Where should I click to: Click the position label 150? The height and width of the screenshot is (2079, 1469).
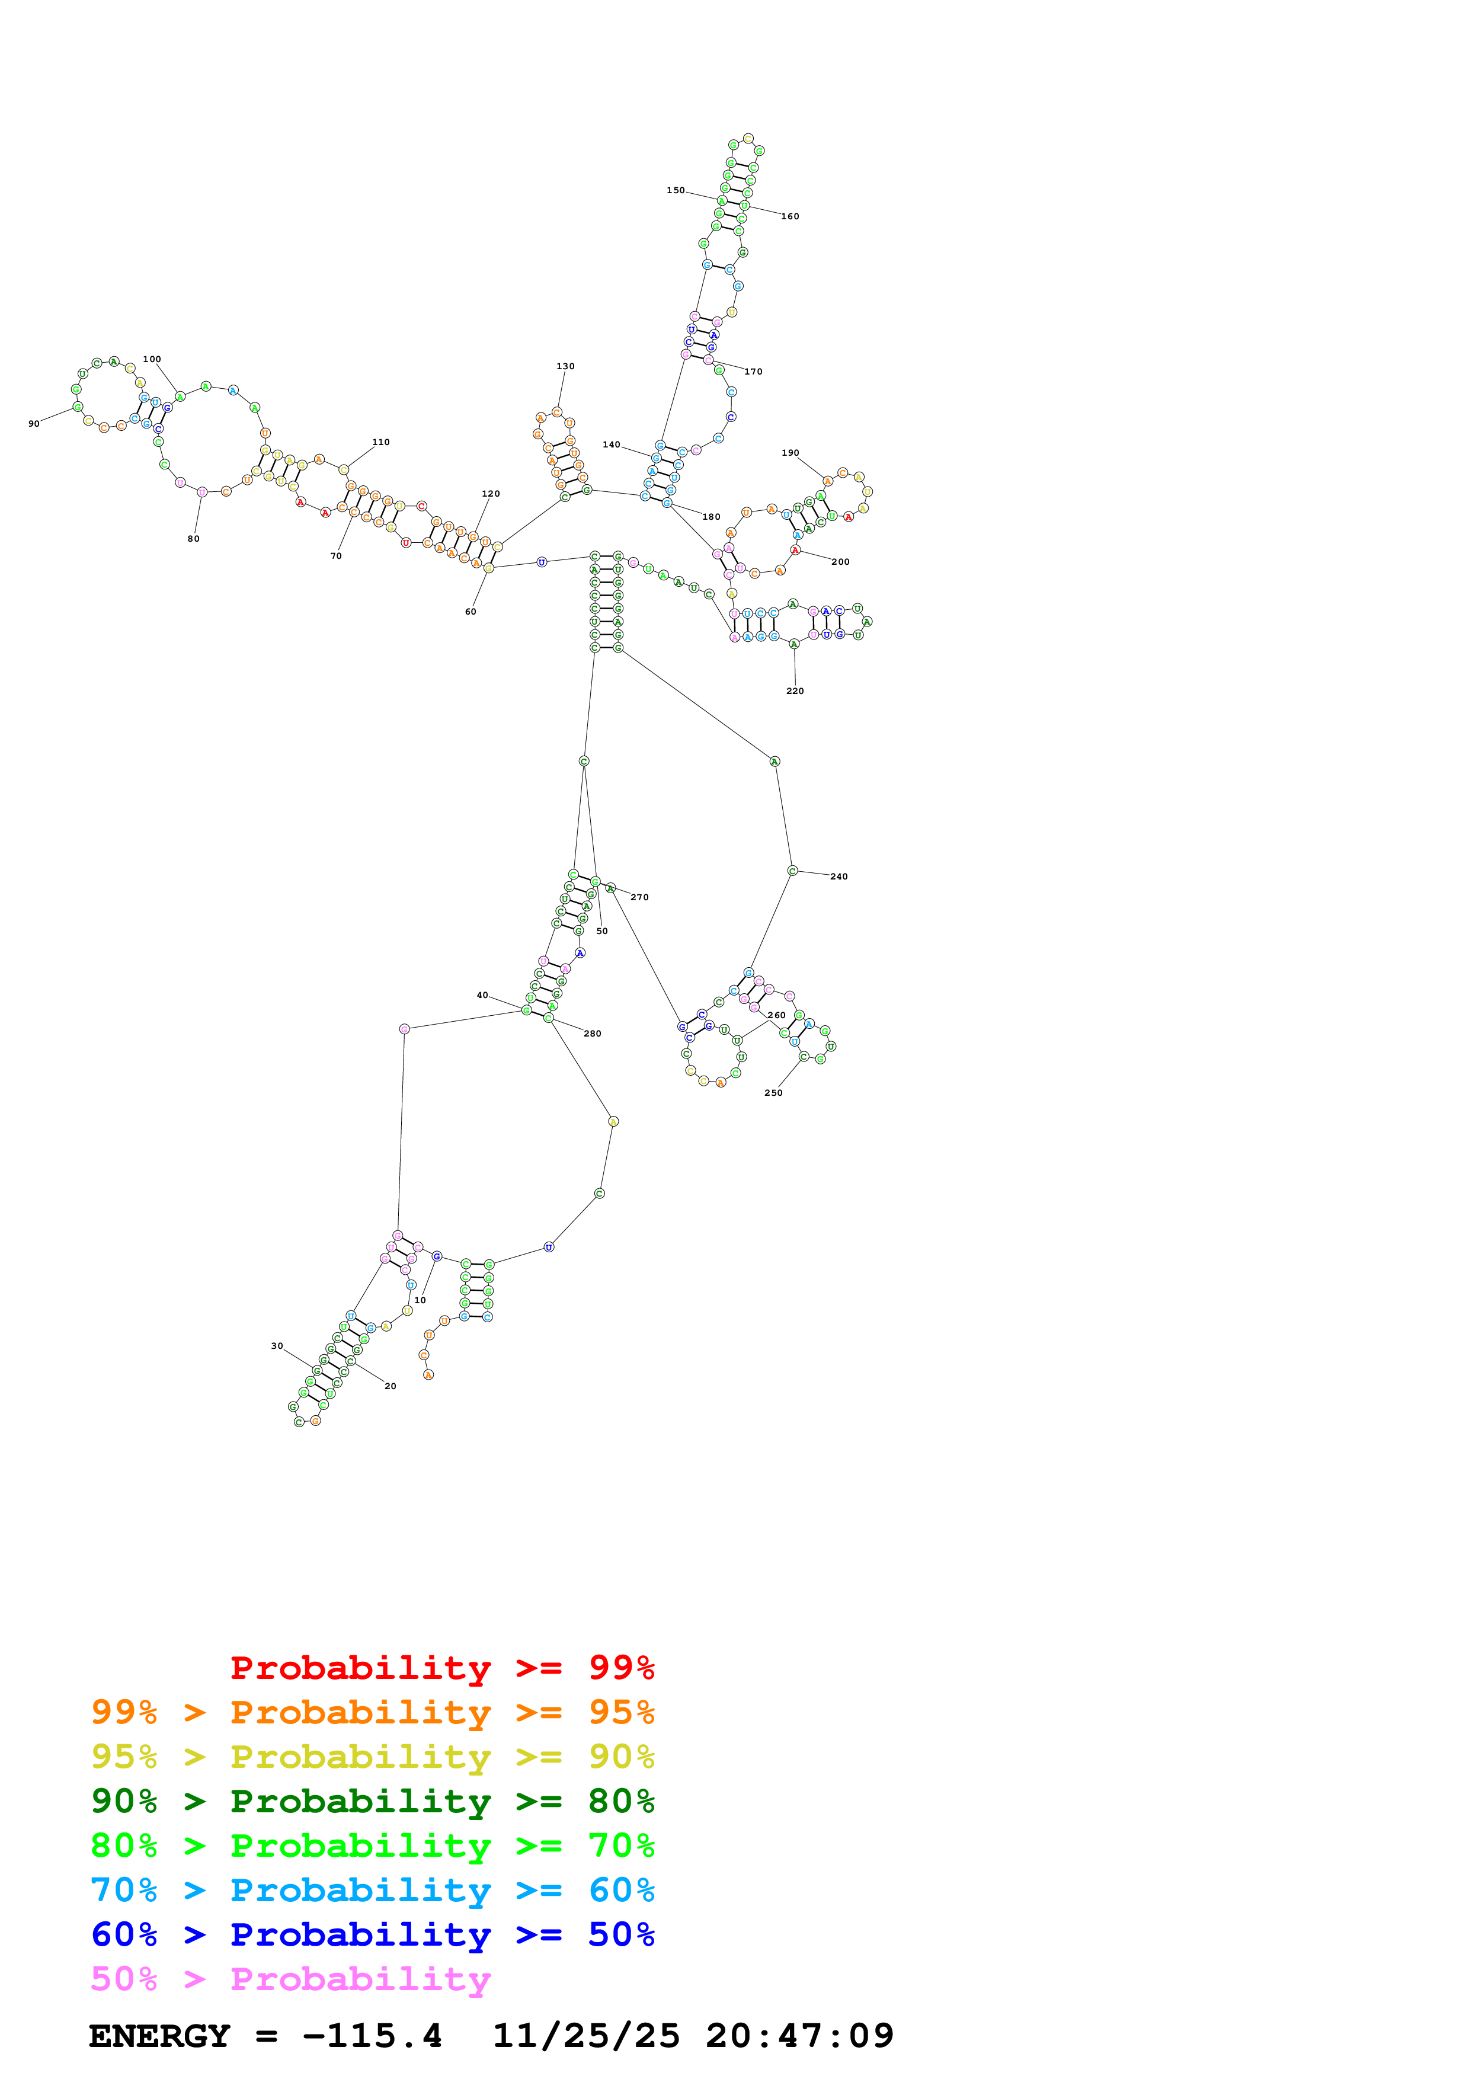(x=675, y=190)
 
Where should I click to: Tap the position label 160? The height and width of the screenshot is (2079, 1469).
(x=790, y=216)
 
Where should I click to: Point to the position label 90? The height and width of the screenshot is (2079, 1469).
(x=34, y=424)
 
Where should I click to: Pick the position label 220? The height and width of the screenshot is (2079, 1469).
(x=795, y=691)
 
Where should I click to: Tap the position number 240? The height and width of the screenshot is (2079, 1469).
(x=839, y=877)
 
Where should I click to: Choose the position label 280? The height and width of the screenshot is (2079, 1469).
(x=592, y=1033)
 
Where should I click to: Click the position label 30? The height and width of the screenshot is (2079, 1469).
(x=277, y=1345)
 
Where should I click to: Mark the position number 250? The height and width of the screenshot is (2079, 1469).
(x=773, y=1093)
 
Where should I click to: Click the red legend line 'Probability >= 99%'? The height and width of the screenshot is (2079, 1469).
(x=441, y=1667)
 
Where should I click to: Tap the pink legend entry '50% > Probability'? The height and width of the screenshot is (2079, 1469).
(x=290, y=1978)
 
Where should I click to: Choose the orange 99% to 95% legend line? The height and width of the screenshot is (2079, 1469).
(x=372, y=1712)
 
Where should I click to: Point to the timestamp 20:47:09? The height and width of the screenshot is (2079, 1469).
(x=799, y=2036)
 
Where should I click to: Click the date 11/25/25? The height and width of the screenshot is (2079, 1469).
(x=585, y=2036)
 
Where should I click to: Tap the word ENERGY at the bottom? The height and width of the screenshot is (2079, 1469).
(x=159, y=2036)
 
